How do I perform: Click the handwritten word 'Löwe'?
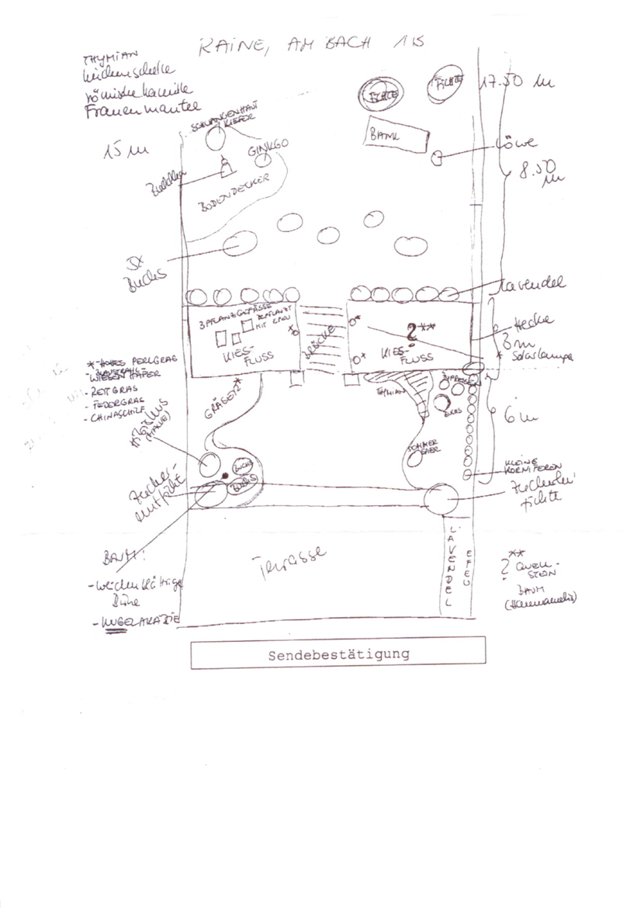click(514, 144)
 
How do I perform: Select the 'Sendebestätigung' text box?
click(338, 653)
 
